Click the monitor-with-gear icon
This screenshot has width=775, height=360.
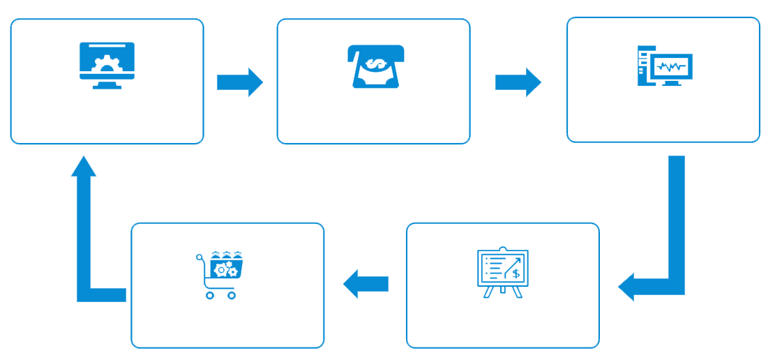tap(107, 65)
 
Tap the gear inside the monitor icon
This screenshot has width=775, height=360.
tap(107, 66)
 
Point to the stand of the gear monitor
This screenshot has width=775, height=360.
tap(107, 85)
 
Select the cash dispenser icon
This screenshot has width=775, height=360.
tap(376, 66)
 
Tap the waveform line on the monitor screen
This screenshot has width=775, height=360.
tap(671, 67)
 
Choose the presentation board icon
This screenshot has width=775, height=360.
tap(502, 272)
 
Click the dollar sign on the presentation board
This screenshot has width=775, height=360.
tap(516, 273)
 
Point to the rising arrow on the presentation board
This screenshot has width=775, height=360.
tap(513, 265)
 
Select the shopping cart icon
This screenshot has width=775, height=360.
tap(220, 274)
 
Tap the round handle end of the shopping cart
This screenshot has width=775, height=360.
tap(199, 257)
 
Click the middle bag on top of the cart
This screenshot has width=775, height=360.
tap(226, 255)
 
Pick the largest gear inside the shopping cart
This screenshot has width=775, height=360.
tap(221, 269)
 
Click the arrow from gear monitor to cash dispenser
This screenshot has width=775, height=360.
tap(240, 82)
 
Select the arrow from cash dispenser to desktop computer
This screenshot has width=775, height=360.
tap(518, 82)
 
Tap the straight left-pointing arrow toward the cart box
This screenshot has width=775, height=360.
tap(366, 284)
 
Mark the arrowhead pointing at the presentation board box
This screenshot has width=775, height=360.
tap(627, 287)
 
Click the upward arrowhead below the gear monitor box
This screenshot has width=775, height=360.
tap(84, 167)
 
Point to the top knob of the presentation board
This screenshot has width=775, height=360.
tap(502, 248)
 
